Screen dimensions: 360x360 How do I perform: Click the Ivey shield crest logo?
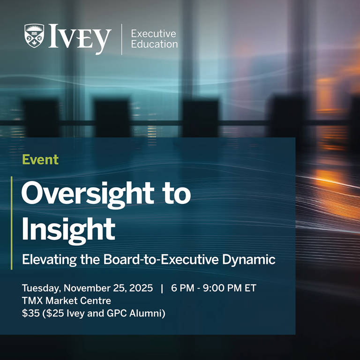(x=34, y=36)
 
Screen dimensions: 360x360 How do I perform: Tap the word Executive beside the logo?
(x=153, y=34)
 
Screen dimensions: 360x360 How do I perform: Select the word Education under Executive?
(x=154, y=45)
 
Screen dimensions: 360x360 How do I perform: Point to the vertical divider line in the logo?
(x=121, y=39)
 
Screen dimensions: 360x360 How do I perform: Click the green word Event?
(x=40, y=159)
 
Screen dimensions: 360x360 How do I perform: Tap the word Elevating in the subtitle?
(x=48, y=259)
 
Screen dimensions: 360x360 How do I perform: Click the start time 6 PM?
(x=183, y=288)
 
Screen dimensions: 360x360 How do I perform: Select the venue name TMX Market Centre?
(x=66, y=300)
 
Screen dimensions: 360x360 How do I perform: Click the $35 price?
(x=31, y=313)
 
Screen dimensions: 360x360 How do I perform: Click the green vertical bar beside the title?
(x=12, y=223)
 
